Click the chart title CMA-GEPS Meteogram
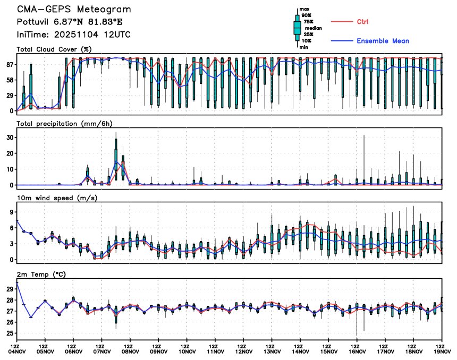click(x=73, y=10)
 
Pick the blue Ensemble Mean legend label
click(x=383, y=41)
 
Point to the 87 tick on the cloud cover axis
click(x=9, y=65)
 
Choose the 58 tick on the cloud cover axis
click(x=9, y=80)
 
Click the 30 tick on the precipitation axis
click(x=9, y=137)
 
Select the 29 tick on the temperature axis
click(x=9, y=289)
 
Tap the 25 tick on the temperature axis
click(x=9, y=333)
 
